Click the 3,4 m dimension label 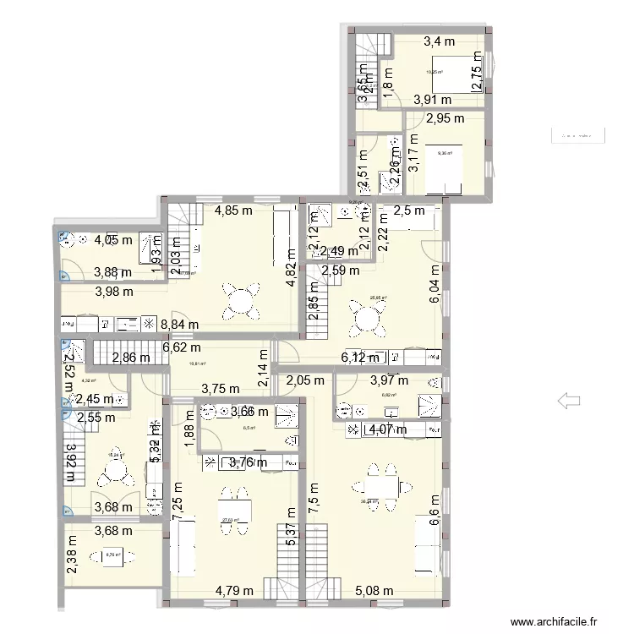[x=439, y=41]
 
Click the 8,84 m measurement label [x=180, y=324]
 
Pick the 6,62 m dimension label [x=181, y=347]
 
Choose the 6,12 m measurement [x=361, y=358]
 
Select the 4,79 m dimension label [x=235, y=591]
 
